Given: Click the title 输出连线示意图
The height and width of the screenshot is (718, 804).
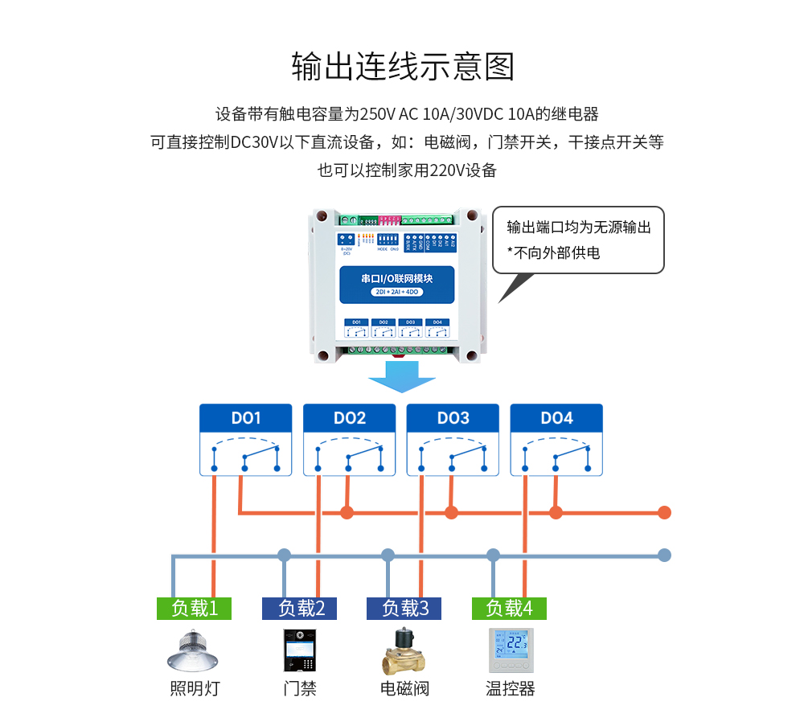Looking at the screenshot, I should (x=402, y=66).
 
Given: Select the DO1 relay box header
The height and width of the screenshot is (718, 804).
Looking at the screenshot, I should (x=246, y=418).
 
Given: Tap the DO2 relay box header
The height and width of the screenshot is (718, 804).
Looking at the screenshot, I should (x=350, y=418).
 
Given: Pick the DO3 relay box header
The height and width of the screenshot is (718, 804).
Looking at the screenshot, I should (x=453, y=418).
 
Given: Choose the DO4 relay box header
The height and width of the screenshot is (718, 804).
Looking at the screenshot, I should (x=556, y=418).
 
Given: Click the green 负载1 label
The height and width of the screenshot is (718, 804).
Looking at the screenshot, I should (x=194, y=609).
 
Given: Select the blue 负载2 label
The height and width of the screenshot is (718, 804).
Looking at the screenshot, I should (x=299, y=609).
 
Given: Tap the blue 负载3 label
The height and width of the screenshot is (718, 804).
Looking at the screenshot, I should (x=404, y=609).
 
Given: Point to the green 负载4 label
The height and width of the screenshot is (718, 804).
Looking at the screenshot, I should (x=509, y=609).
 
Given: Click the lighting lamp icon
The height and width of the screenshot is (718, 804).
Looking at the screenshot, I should (x=194, y=650).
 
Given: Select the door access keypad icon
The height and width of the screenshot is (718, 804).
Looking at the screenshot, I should (x=299, y=650).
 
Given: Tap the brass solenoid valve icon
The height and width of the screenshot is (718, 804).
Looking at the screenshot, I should (x=404, y=650).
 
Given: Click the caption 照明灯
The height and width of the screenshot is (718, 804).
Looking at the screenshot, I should (x=194, y=689).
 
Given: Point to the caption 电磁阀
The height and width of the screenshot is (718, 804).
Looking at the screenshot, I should (x=404, y=689).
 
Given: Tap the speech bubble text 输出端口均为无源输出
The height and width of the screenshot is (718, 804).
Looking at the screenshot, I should (x=578, y=227).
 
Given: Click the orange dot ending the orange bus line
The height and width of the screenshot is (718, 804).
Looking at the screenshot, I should (x=664, y=512).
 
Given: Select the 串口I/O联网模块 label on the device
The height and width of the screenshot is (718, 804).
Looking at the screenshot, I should (x=397, y=278).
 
